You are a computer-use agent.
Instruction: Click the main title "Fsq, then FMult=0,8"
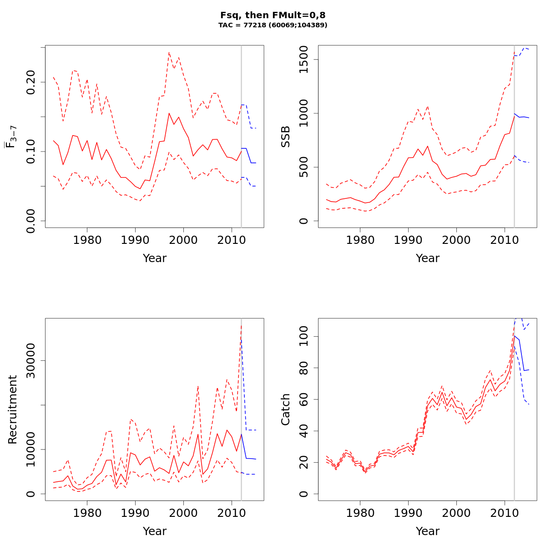273,15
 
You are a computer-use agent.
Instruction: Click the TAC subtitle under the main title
273,25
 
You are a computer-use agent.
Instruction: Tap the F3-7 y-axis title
11,136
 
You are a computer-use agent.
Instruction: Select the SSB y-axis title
286,136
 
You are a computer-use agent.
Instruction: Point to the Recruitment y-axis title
12,409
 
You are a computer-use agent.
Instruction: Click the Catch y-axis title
286,409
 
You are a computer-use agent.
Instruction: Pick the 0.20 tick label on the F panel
31,82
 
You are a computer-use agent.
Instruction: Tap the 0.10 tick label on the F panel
31,152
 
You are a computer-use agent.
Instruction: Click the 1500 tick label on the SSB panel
304,60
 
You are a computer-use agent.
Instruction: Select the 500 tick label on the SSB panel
304,167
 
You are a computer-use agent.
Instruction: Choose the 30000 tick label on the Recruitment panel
31,361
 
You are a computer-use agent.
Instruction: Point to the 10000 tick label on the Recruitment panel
31,450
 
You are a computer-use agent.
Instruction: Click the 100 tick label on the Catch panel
304,336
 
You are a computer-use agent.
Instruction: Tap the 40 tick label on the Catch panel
304,431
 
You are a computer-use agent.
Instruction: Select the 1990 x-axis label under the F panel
135,240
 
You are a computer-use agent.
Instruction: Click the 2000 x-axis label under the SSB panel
456,240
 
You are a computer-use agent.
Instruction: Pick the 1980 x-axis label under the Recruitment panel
87,513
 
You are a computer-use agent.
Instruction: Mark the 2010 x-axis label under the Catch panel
505,513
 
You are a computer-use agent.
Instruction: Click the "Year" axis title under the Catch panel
427,531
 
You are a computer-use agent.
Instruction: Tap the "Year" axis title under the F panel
154,258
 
